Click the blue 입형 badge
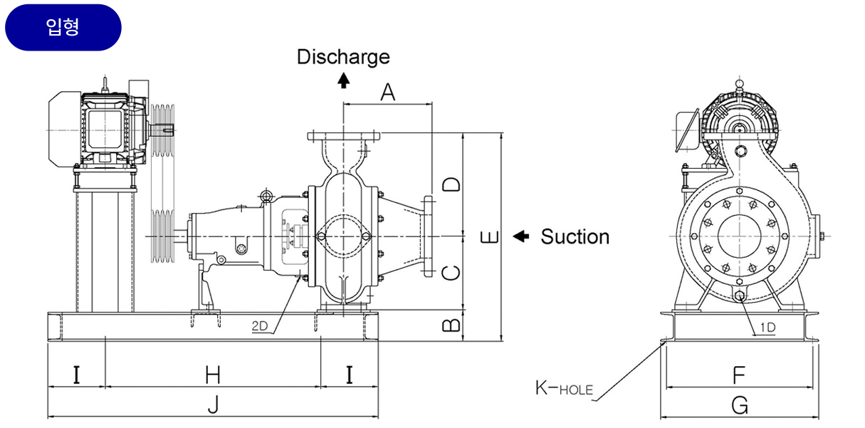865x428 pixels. tap(63, 28)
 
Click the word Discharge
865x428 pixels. tap(343, 56)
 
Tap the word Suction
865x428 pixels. tap(575, 236)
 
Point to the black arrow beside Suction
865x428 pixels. tap(521, 236)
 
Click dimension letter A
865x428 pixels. tap(387, 91)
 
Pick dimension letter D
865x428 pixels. tap(451, 184)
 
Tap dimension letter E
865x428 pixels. tap(490, 237)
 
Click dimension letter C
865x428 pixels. tap(451, 272)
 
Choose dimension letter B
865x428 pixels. tap(451, 325)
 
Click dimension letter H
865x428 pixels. tap(212, 374)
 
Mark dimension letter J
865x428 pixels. tap(212, 405)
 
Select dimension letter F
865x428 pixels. tap(739, 375)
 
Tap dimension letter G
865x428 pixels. tap(740, 405)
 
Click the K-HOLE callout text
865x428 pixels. tap(564, 388)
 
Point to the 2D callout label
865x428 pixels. tap(259, 327)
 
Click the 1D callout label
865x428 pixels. tap(767, 327)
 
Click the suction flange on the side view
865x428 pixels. tap(427, 236)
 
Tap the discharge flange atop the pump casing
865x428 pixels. tap(343, 135)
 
